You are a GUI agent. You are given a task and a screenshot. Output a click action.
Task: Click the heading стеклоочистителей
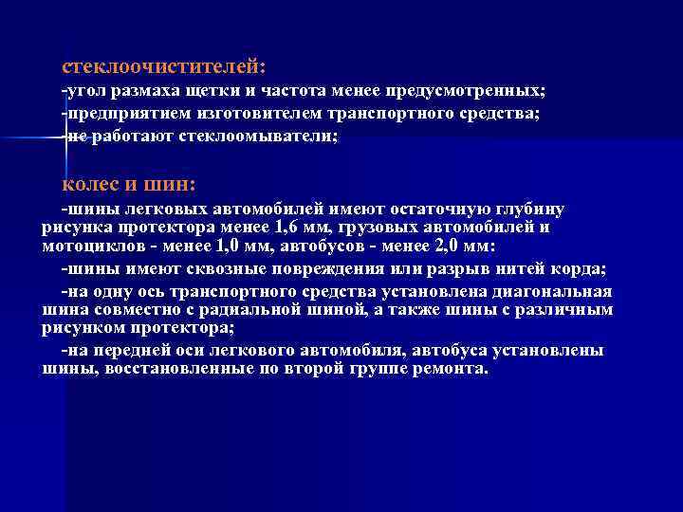coord(163,67)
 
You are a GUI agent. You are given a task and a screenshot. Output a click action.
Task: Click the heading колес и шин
coord(128,183)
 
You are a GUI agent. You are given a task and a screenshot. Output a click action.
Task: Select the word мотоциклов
coord(83,246)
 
